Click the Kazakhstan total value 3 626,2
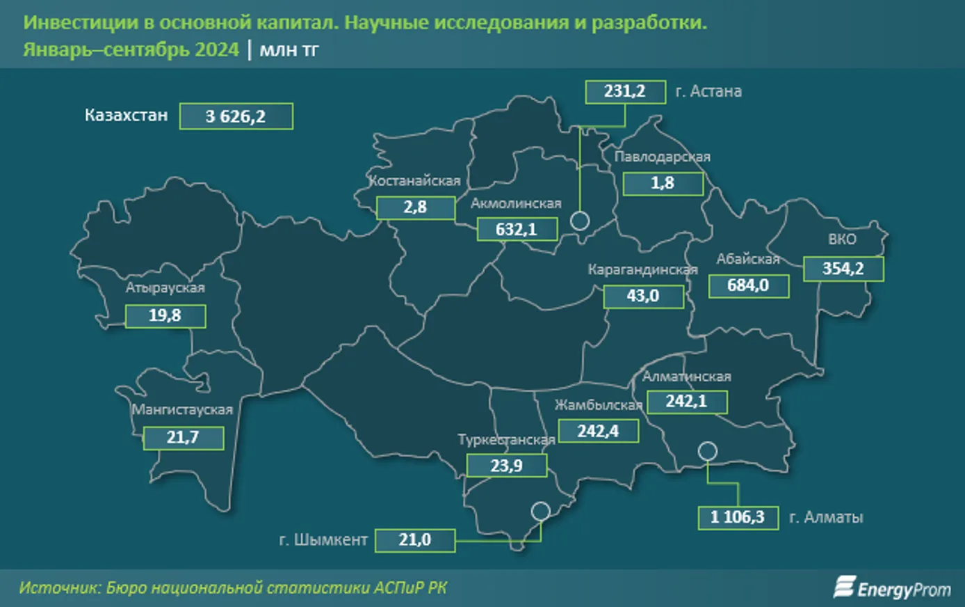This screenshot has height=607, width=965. [x=236, y=116]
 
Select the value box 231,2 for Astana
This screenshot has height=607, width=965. [x=625, y=91]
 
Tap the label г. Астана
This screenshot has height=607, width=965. [x=708, y=91]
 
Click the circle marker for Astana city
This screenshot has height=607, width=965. [x=580, y=221]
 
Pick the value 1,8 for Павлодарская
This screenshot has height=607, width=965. [x=663, y=183]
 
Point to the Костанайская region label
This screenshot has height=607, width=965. [x=415, y=181]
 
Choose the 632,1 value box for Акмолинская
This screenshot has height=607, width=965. [x=517, y=229]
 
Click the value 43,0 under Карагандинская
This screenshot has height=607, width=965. [x=643, y=296]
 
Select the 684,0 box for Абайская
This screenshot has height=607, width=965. [x=748, y=285]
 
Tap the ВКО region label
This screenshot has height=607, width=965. [x=842, y=239]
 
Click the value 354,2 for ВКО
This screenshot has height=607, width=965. [x=843, y=269]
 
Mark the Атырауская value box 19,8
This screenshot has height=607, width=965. [x=165, y=315]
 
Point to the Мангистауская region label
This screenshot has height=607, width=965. [x=182, y=409]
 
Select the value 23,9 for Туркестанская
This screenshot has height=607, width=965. [x=506, y=465]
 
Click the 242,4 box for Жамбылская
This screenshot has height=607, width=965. [x=598, y=431]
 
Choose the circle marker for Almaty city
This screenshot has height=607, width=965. [x=707, y=451]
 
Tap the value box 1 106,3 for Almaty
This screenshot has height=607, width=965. [x=738, y=517]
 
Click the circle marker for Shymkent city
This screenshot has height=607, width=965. [x=540, y=512]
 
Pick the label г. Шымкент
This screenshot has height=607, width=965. [x=323, y=540]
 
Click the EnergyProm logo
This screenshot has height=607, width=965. [x=892, y=588]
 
